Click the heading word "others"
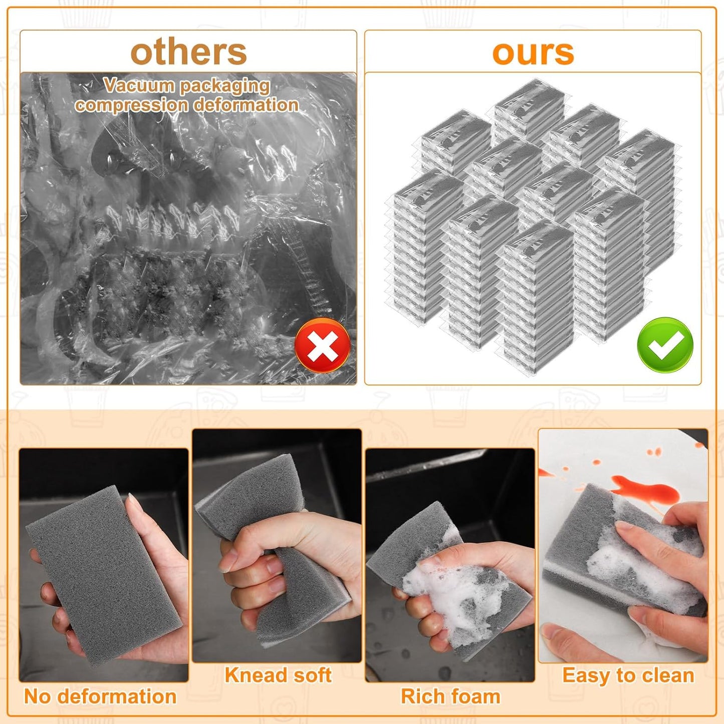(188, 52)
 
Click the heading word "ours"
(533, 52)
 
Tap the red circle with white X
(323, 345)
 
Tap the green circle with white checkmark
(665, 345)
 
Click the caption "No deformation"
(100, 696)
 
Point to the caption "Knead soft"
(278, 675)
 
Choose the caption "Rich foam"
(450, 696)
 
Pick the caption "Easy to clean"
(628, 675)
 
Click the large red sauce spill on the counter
(646, 491)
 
